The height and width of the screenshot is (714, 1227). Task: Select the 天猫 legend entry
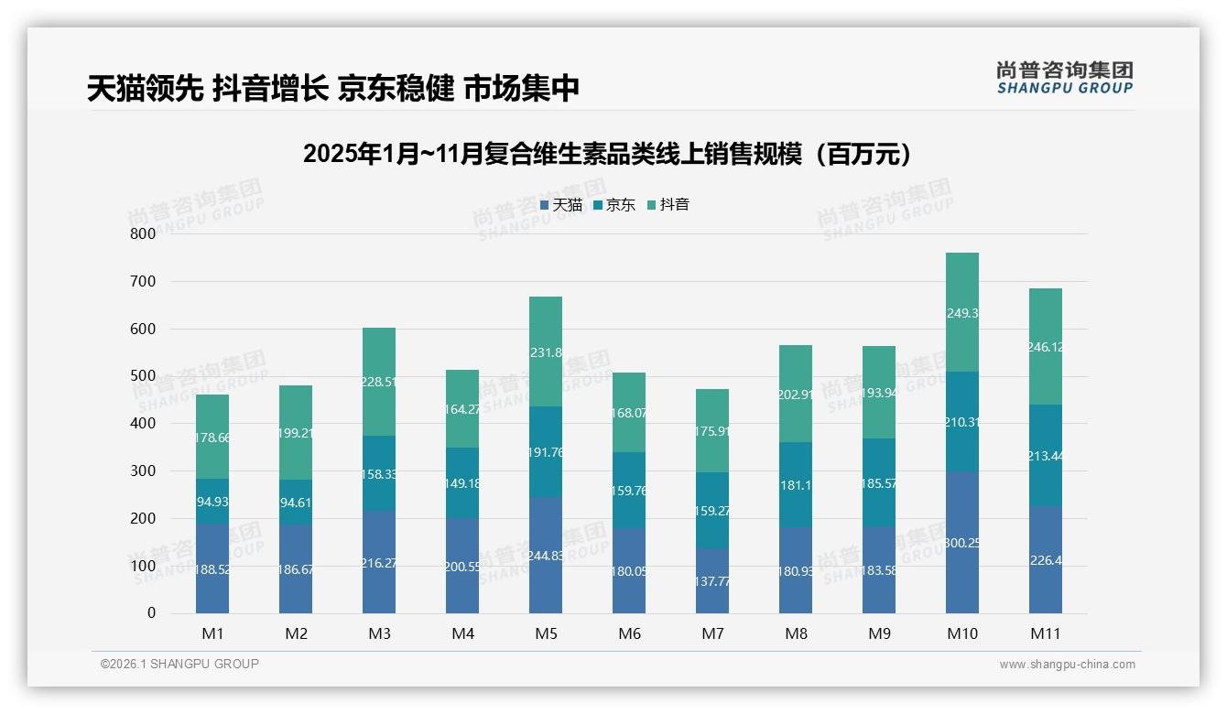[x=561, y=205]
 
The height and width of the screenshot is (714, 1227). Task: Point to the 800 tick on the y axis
[x=143, y=233]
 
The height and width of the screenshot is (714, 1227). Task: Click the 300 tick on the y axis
[x=143, y=471]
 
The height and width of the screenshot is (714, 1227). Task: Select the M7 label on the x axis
[x=712, y=633]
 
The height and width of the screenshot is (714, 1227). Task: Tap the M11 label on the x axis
[x=1046, y=633]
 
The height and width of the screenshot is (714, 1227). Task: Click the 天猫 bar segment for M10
[x=962, y=542]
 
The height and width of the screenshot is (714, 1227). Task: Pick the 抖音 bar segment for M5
[x=546, y=352]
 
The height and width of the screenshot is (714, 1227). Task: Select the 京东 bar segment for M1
[x=212, y=501]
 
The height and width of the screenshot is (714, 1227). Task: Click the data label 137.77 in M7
[x=712, y=580]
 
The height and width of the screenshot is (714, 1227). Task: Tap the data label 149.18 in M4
[x=462, y=483]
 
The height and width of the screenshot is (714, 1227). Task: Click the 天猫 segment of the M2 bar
[x=296, y=568]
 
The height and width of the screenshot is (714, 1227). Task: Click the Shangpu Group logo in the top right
[x=1064, y=77]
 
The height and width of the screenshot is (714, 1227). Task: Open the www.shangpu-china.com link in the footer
[x=1067, y=665]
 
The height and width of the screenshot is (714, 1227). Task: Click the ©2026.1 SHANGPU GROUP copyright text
[x=179, y=664]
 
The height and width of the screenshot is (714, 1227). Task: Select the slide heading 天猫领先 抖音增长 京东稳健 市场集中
[x=333, y=89]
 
